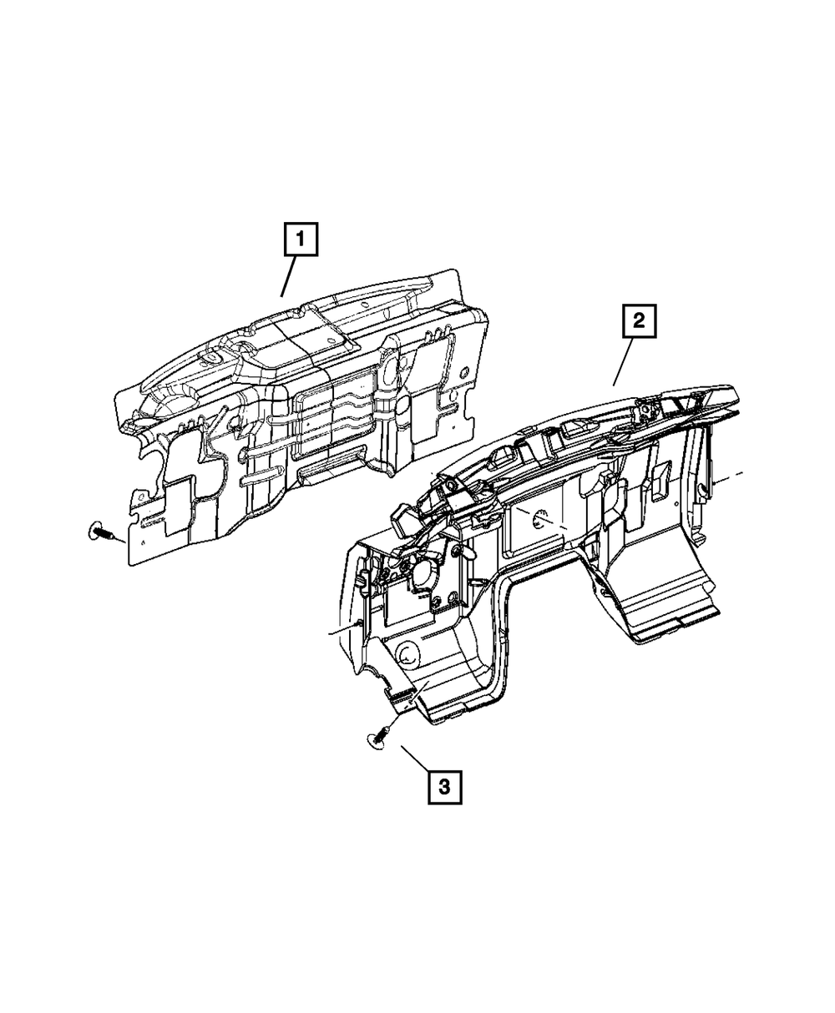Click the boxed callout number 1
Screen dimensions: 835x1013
[301, 243]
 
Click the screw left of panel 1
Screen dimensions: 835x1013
[100, 531]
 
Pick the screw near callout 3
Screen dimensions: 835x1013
[378, 735]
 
